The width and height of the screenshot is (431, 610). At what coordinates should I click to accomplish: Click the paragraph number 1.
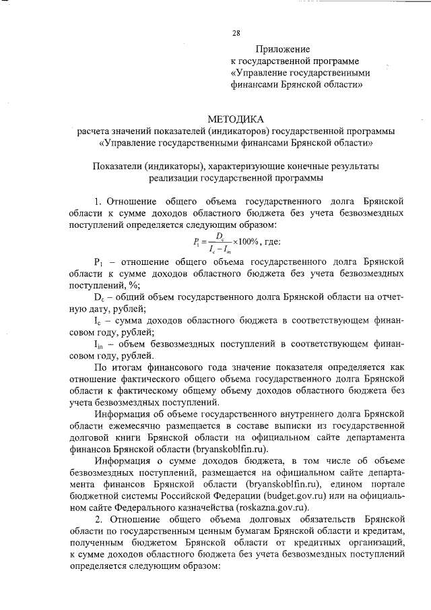click(98, 201)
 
